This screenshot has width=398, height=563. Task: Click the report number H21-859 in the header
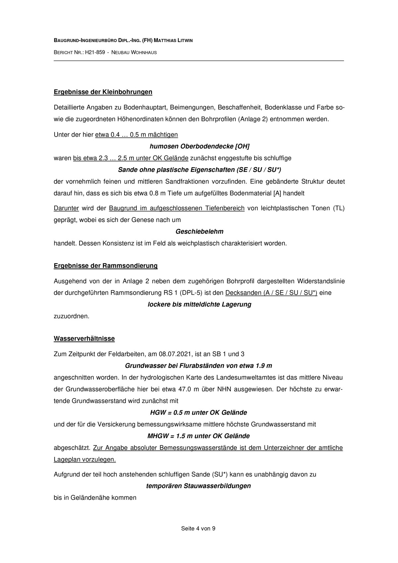(x=95, y=52)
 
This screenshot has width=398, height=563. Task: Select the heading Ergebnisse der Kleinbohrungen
(x=103, y=92)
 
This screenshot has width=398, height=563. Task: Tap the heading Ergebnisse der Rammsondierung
(x=106, y=266)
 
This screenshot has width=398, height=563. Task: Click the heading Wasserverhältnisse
(x=84, y=338)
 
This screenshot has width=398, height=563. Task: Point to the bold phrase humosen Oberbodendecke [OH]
(x=199, y=146)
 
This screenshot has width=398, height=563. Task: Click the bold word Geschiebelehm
(x=199, y=231)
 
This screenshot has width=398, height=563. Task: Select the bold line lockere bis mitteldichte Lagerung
(x=199, y=304)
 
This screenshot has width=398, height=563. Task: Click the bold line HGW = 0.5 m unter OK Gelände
(x=199, y=413)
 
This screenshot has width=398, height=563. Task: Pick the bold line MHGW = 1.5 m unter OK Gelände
(x=199, y=436)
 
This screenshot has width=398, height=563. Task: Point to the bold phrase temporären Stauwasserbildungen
(x=199, y=486)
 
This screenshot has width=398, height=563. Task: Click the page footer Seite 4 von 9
(x=198, y=529)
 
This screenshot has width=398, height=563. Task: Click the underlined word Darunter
(x=66, y=208)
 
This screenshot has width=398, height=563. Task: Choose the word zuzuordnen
(x=72, y=316)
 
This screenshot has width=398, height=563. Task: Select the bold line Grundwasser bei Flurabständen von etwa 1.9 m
(x=199, y=366)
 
